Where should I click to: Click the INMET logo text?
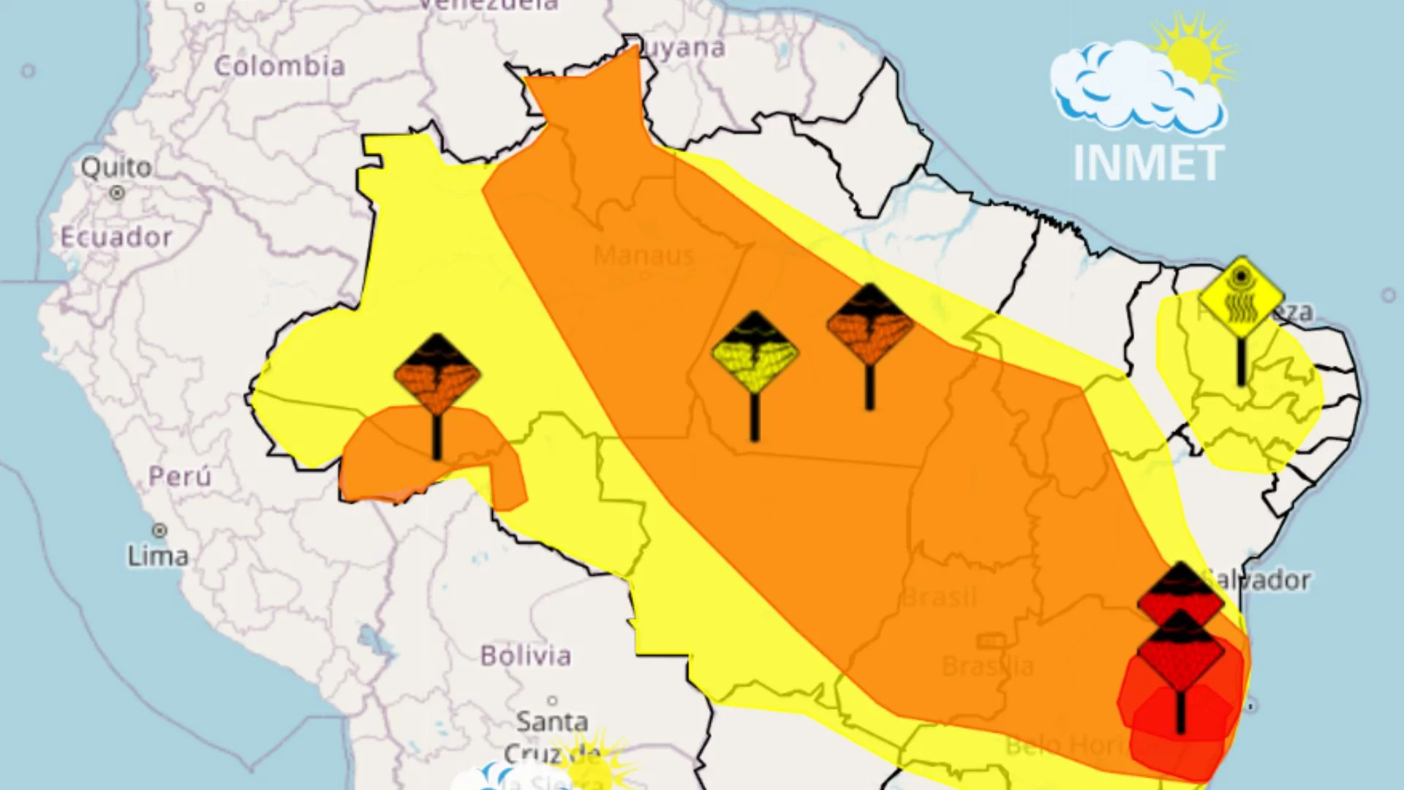[1149, 163]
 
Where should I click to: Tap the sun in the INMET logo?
[1190, 57]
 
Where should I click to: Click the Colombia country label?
[279, 67]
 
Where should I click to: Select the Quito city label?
[116, 168]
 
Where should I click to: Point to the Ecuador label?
[116, 237]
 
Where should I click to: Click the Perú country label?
[180, 476]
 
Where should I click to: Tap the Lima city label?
[158, 556]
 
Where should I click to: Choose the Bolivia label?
[525, 655]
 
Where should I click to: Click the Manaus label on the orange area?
[643, 255]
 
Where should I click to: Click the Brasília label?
[987, 666]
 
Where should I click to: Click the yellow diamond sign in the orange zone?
[755, 353]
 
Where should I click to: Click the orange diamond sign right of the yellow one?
[869, 325]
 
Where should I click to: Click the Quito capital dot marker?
[116, 193]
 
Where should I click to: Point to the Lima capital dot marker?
[159, 530]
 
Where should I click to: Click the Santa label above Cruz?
[552, 722]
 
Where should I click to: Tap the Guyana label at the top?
[683, 48]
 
